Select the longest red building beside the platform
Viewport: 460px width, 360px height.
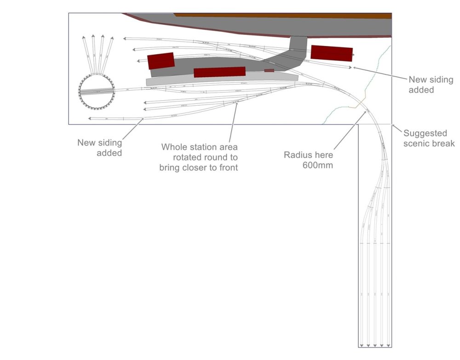[219, 72]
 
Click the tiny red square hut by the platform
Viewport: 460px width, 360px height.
[269, 70]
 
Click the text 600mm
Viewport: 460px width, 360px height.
[317, 165]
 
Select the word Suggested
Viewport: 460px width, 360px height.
[425, 133]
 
